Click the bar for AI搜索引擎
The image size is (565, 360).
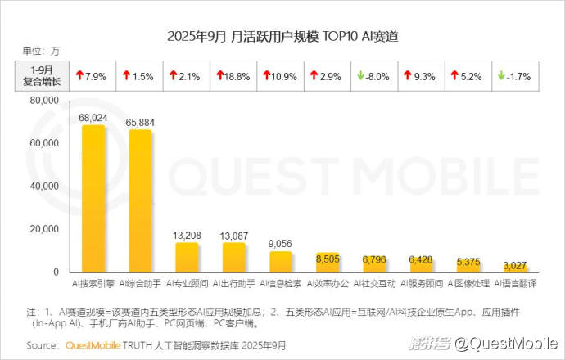[x=93, y=199]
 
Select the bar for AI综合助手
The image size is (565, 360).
[x=140, y=201]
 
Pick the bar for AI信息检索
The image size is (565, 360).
[x=281, y=261]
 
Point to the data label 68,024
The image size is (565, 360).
[x=93, y=117]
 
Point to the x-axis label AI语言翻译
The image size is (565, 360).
[x=515, y=283]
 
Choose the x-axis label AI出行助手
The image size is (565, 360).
[x=234, y=283]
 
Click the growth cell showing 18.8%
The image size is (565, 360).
[x=234, y=76]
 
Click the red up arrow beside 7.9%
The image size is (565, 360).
[x=79, y=76]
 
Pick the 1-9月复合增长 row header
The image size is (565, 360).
[x=42, y=76]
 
